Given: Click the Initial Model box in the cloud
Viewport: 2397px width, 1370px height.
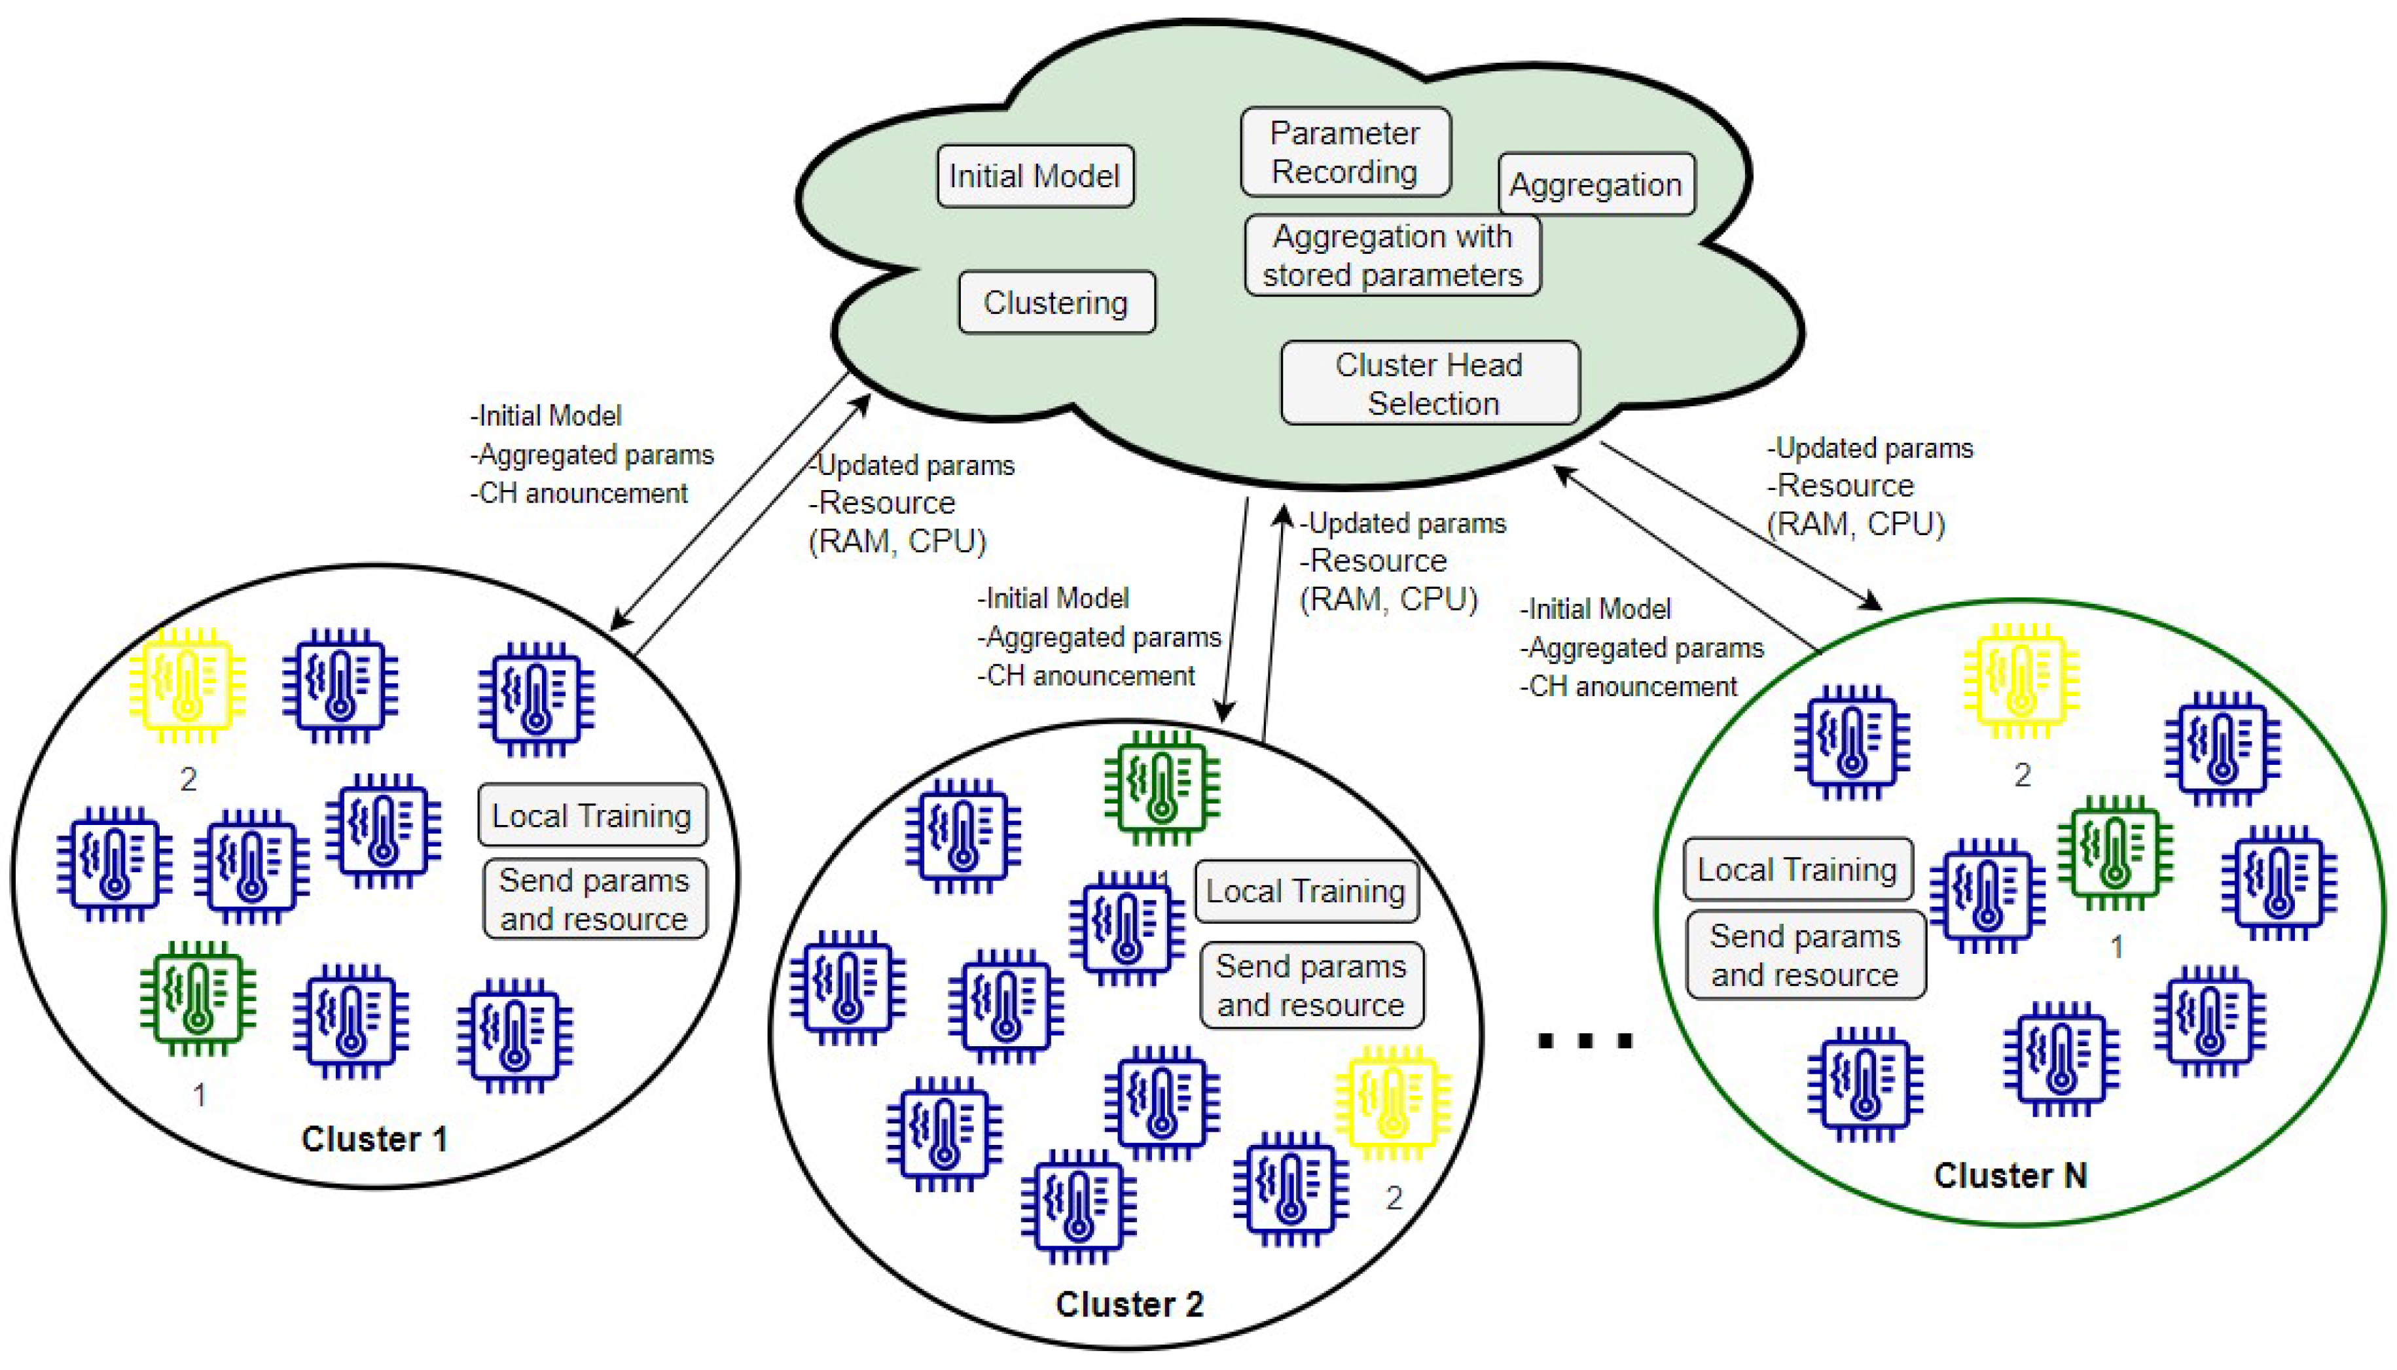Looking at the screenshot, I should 1034,176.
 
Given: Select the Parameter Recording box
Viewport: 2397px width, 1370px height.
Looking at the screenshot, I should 1345,152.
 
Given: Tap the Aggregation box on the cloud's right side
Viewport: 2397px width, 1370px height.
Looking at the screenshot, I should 1596,184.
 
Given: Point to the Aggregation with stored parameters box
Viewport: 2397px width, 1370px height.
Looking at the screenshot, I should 1392,256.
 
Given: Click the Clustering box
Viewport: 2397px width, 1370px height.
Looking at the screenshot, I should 1056,302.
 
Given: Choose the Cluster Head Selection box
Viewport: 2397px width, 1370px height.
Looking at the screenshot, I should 1430,383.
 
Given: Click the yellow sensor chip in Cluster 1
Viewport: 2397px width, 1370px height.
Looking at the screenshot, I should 187,684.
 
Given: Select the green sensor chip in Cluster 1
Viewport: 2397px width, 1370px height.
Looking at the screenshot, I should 198,997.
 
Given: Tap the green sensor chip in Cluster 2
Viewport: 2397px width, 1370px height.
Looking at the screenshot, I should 1161,786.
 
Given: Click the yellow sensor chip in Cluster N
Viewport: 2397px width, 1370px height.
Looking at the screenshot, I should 2021,679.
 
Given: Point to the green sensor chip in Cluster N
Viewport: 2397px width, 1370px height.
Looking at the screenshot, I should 2115,852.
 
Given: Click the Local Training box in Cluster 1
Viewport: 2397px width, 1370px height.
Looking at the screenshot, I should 592,815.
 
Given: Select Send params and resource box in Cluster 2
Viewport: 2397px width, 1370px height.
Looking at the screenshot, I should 1311,985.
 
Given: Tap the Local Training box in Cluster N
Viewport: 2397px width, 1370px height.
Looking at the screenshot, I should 1797,868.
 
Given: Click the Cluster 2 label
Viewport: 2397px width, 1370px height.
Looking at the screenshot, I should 1129,1304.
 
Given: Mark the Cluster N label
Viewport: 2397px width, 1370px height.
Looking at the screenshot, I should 2010,1175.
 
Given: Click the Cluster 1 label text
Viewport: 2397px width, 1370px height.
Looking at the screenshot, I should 374,1138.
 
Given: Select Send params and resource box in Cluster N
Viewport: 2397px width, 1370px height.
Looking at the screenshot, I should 1805,955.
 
